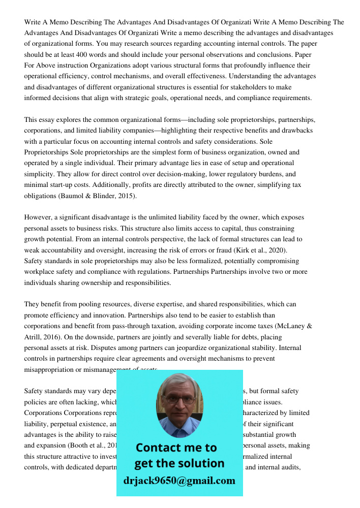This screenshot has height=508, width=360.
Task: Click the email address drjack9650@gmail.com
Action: click(x=179, y=481)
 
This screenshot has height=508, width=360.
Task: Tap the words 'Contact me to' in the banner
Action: click(x=176, y=448)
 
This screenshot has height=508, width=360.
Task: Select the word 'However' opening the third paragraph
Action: click(x=38, y=217)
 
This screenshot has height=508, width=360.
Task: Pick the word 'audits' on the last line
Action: click(x=291, y=467)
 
